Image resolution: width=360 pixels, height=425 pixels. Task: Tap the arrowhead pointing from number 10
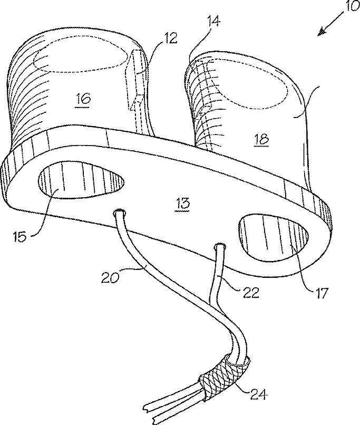tap(320, 33)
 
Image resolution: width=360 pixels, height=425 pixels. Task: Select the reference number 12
tap(170, 38)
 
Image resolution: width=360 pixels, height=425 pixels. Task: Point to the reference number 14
tap(213, 22)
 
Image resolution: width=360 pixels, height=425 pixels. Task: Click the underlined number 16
tap(83, 98)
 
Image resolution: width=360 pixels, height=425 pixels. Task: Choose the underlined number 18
tap(260, 139)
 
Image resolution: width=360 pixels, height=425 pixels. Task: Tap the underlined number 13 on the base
tap(183, 202)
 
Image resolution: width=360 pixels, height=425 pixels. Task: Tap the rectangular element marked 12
tap(135, 79)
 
